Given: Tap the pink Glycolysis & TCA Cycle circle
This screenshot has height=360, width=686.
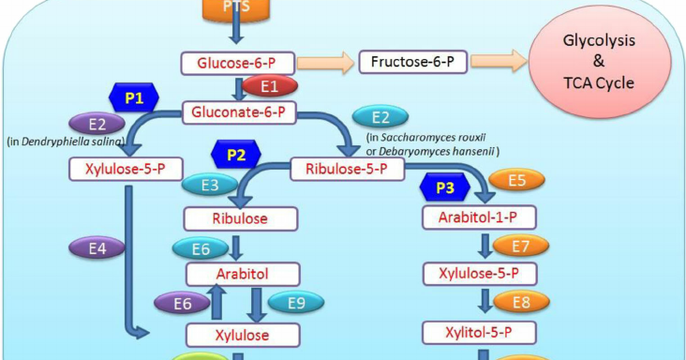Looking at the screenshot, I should (595, 64).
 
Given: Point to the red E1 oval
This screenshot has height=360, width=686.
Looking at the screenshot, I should (270, 87).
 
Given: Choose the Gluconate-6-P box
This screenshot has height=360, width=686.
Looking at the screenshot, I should (239, 112).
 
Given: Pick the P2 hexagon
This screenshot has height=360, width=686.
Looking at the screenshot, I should (236, 155).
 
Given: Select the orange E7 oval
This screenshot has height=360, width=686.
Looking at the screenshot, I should (514, 247).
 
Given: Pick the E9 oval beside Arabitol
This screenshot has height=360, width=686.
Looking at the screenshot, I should (295, 302).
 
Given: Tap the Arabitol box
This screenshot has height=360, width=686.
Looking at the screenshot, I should (243, 275).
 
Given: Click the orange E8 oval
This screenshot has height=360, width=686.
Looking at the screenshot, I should (514, 303).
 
